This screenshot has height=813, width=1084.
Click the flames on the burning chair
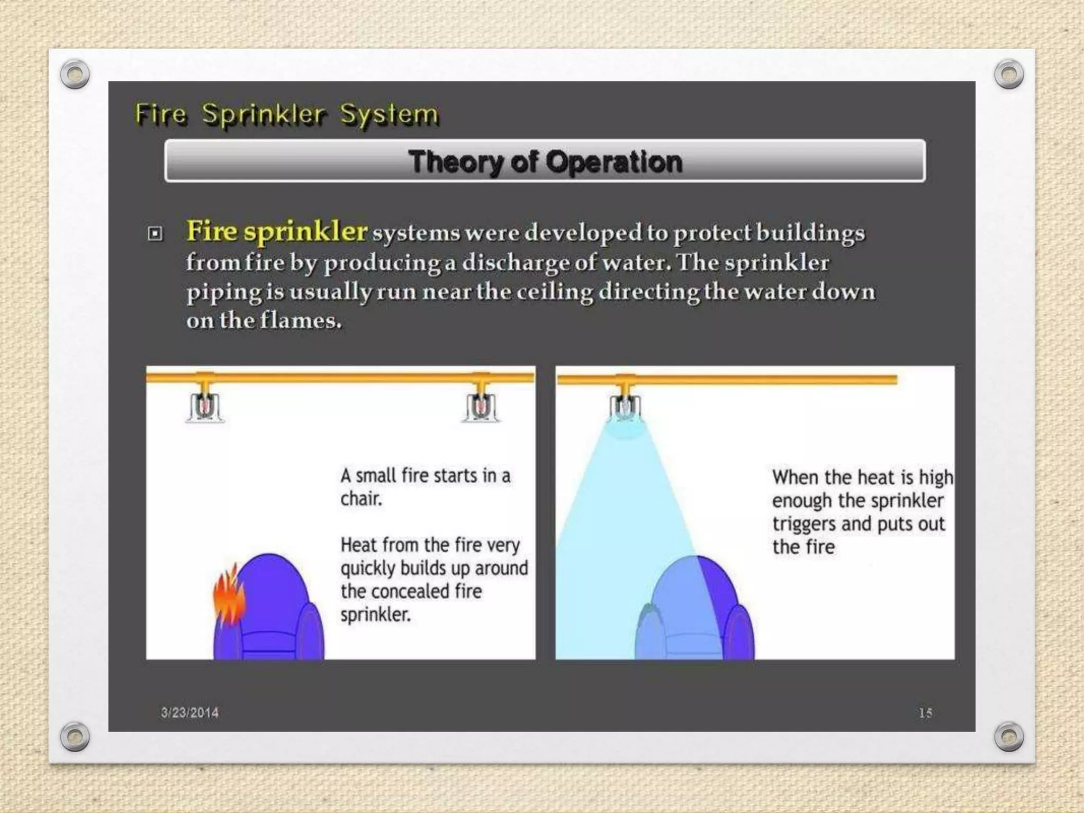[x=229, y=595]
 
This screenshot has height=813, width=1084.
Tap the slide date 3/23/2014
[x=189, y=712]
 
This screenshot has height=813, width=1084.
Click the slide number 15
[x=925, y=713]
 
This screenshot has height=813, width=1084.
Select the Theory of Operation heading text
[x=545, y=161]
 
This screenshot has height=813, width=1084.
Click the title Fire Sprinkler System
[x=286, y=114]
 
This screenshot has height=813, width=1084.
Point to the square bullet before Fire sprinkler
[x=155, y=233]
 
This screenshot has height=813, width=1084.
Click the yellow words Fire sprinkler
[x=276, y=231]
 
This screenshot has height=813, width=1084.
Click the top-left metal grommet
[x=75, y=74]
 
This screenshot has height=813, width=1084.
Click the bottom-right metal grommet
[x=1009, y=736]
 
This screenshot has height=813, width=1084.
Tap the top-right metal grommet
[x=1009, y=74]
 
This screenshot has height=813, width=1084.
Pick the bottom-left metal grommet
[x=75, y=736]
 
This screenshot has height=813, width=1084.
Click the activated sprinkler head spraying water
[x=625, y=408]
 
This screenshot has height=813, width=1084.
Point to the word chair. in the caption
[x=361, y=499]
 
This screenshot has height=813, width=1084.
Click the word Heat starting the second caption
[x=359, y=545]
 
